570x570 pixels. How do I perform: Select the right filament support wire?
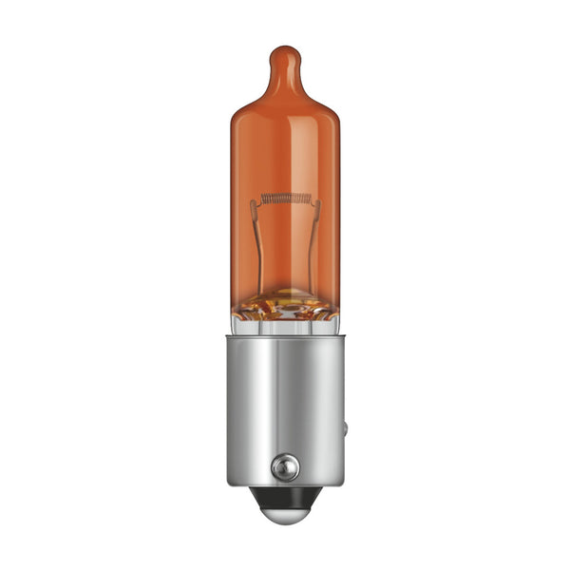315,237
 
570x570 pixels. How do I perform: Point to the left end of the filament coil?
261,199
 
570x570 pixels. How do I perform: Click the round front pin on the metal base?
284,466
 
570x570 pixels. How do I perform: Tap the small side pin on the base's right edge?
344,428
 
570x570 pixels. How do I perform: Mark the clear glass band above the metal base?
285,326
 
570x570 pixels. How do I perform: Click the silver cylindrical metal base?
285,399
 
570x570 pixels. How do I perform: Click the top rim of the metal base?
285,335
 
